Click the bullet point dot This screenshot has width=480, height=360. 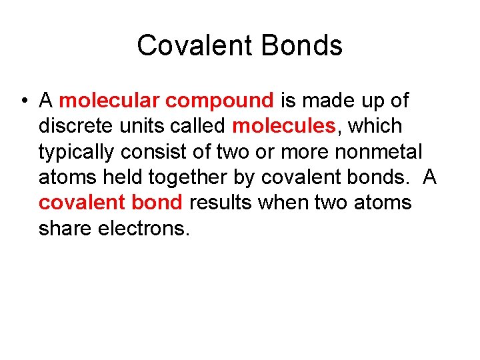tap(23, 101)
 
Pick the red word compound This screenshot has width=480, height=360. tap(219, 101)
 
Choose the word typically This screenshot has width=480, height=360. tap(77, 153)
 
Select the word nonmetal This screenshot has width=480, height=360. tap(378, 151)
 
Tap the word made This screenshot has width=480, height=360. tap(327, 101)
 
